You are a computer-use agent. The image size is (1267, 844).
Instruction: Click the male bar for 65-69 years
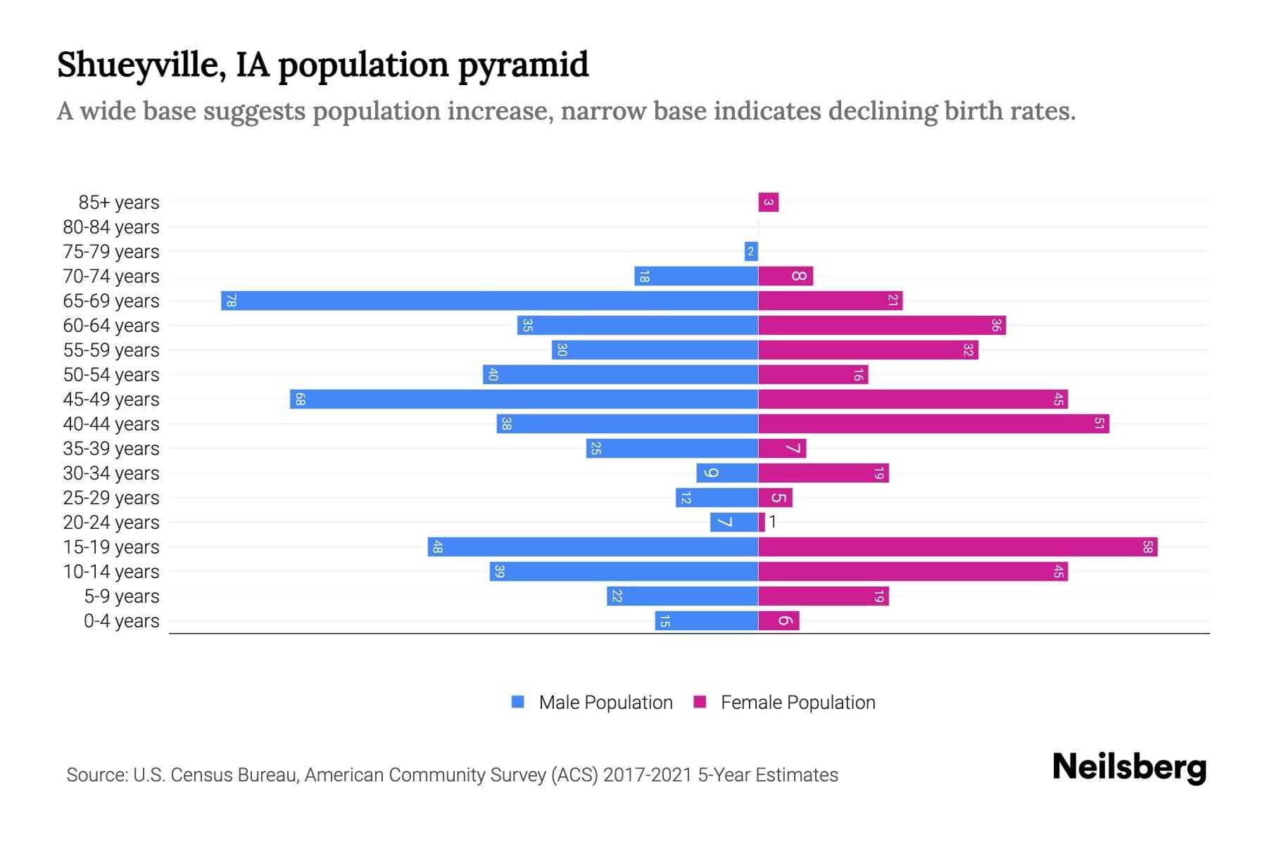point(489,300)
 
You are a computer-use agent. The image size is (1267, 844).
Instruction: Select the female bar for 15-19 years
point(957,546)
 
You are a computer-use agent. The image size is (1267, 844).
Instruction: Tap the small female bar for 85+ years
point(768,203)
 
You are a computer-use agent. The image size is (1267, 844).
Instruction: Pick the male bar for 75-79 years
point(751,251)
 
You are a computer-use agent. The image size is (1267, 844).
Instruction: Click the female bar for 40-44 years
point(933,423)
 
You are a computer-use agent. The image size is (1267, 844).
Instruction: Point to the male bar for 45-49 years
point(524,399)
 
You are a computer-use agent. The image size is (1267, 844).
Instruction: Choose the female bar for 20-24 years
point(762,522)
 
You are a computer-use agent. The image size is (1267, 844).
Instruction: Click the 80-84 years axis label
point(111,227)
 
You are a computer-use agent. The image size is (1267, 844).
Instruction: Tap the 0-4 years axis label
point(121,621)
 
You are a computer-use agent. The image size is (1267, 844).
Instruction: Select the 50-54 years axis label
point(111,375)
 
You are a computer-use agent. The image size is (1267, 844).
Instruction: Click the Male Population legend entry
point(592,702)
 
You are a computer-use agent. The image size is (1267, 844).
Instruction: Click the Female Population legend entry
point(785,702)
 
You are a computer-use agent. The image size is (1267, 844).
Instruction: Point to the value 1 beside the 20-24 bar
point(772,522)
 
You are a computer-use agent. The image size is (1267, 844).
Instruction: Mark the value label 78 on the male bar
point(231,301)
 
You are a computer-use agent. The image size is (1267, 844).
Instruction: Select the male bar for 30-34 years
point(727,473)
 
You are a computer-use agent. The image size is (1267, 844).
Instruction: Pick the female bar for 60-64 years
point(882,325)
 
